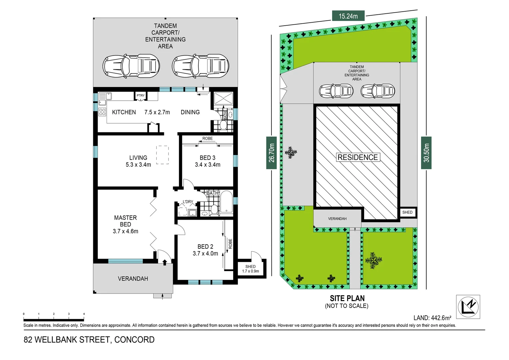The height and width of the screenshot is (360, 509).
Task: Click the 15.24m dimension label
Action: [x=348, y=16]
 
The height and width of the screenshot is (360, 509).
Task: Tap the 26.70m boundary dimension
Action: [x=271, y=153]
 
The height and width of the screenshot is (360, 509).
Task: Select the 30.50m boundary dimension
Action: [x=426, y=153]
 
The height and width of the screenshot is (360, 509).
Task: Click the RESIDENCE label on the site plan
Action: [x=357, y=157]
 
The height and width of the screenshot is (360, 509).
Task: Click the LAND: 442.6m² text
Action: [x=432, y=318]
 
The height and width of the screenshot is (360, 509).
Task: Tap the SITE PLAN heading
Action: [x=347, y=298]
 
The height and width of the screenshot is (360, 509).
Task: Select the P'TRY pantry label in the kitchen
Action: [x=141, y=96]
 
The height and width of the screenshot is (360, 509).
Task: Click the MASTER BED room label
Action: [x=125, y=221]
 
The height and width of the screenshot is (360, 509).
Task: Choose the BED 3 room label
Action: [x=208, y=158]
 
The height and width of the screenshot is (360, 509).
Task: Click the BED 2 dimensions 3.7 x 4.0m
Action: [x=205, y=254]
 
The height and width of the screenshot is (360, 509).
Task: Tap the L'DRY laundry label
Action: [x=188, y=202]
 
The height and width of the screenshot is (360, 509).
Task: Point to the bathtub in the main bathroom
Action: [x=226, y=201]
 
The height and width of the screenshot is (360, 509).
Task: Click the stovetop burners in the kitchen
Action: [x=102, y=112]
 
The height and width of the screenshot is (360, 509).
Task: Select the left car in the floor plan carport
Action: [x=131, y=66]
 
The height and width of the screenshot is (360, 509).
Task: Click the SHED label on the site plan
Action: [x=407, y=212]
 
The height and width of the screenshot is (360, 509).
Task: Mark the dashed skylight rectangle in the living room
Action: [x=163, y=155]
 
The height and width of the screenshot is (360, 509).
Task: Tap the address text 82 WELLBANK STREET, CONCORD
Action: [x=89, y=340]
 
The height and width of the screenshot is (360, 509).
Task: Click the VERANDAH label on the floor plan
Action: [x=133, y=279]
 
